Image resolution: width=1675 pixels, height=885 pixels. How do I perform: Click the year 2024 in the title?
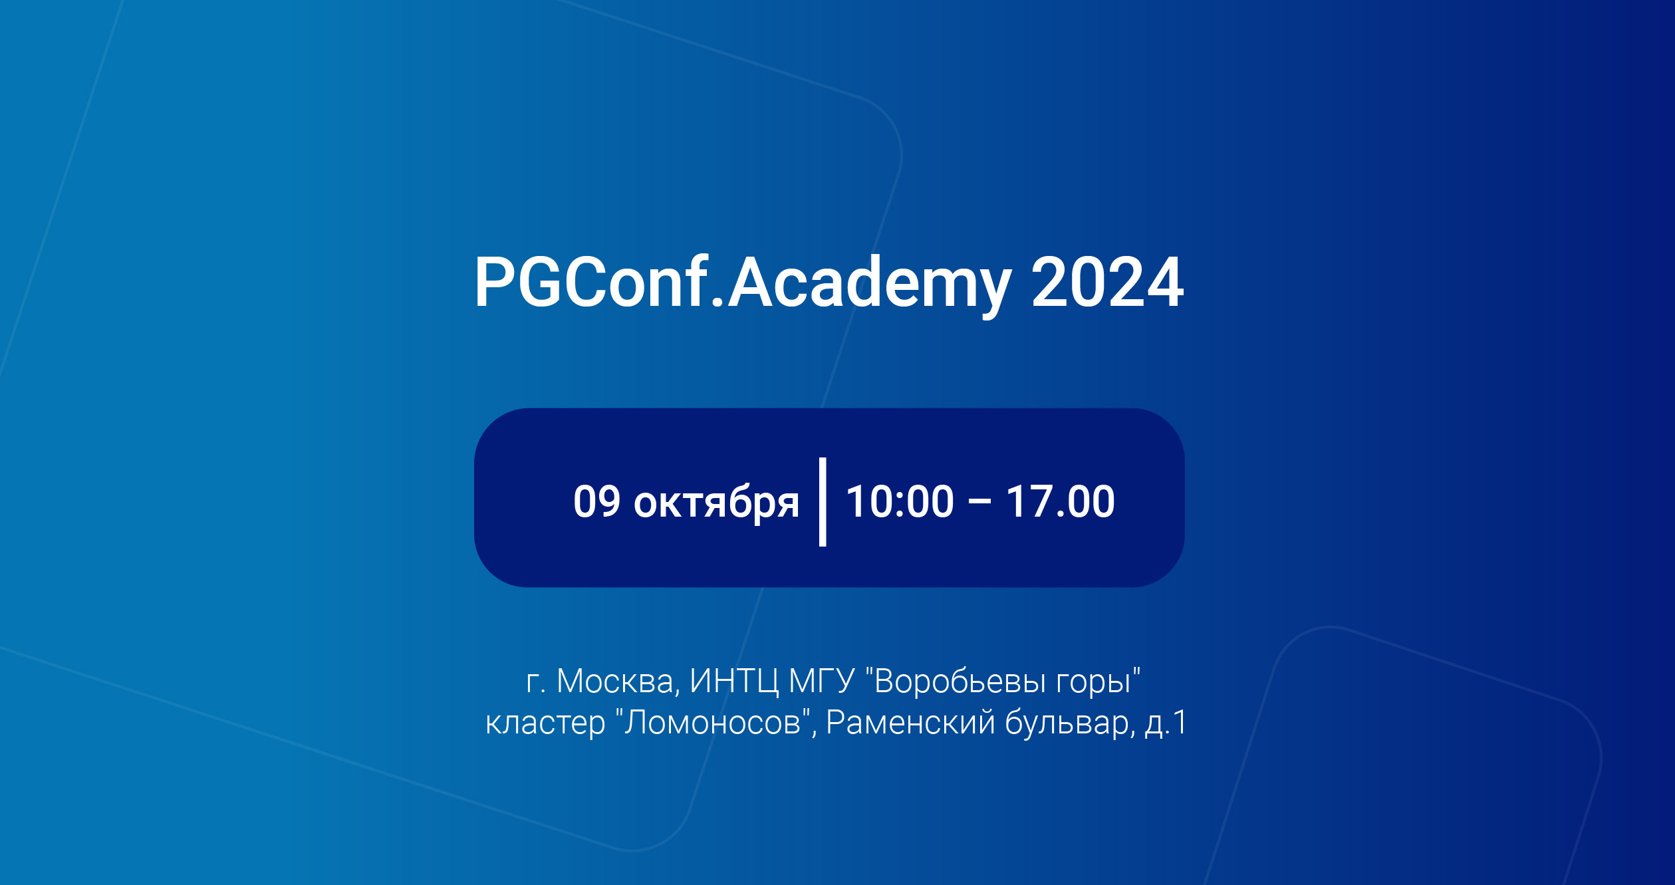(1107, 283)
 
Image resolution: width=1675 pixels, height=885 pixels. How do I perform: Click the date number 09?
(596, 501)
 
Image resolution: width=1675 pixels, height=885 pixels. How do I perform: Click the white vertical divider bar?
(823, 501)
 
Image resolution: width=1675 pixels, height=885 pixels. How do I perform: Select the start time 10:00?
(900, 501)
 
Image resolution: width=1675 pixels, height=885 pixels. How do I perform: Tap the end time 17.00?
(1060, 501)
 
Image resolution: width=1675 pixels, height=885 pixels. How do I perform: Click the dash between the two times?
(979, 503)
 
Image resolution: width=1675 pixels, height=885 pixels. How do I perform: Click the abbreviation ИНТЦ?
(733, 682)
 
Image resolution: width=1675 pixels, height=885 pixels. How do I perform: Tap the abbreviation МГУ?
(821, 682)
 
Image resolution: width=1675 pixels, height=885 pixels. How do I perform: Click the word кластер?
(545, 723)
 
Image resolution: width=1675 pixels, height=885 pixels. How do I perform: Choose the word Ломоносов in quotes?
(713, 723)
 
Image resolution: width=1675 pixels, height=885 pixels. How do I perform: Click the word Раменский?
(910, 723)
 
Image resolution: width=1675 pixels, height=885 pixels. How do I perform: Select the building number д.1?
(1166, 723)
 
